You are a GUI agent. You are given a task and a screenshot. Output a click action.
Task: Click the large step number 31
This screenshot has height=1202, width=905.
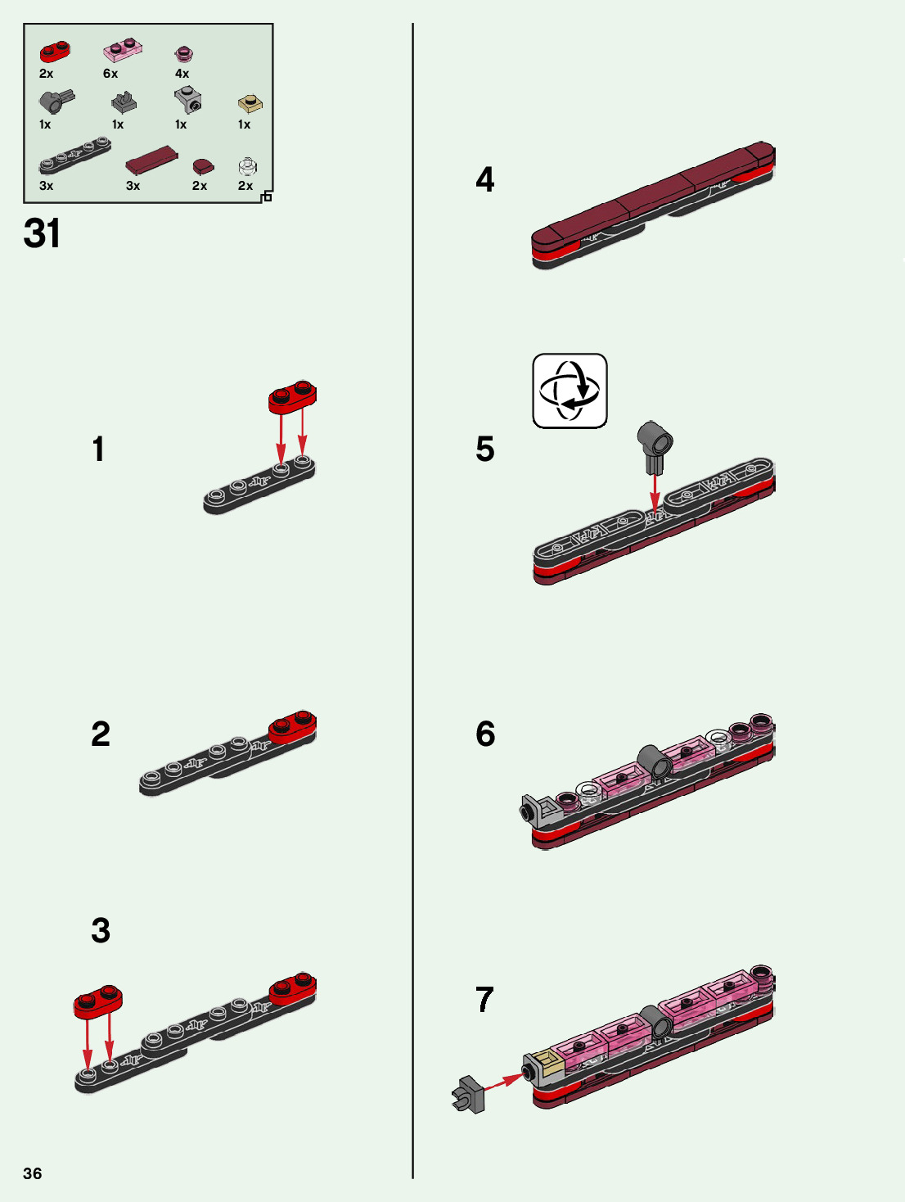coord(42,233)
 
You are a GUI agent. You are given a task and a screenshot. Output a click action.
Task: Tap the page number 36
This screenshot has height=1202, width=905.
coord(32,1173)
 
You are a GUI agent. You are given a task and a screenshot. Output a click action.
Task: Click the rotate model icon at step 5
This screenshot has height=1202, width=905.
coord(570,391)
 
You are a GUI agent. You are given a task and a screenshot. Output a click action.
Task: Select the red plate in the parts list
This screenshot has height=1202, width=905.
coord(55,52)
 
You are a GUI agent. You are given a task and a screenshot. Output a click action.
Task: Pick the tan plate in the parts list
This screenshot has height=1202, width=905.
coord(250,104)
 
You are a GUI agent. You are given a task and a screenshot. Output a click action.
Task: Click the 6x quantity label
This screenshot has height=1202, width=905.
coord(110,74)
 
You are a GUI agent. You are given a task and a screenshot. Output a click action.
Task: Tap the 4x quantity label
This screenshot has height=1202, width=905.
coord(182,74)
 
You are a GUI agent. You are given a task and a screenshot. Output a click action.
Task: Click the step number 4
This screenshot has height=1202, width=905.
coord(484,179)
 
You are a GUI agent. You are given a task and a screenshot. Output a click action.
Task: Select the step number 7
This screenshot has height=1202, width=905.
coord(484,999)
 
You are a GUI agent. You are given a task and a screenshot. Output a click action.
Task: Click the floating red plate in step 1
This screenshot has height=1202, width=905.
coord(292,397)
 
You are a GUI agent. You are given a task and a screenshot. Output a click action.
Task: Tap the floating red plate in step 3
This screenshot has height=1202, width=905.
coord(98,1001)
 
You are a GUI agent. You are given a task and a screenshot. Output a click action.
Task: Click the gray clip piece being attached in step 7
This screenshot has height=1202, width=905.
coord(468,1095)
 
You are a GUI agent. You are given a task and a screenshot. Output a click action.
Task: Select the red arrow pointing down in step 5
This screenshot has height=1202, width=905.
coord(654,491)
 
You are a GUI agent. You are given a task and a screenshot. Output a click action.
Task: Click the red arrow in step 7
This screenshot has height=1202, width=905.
coord(502,1081)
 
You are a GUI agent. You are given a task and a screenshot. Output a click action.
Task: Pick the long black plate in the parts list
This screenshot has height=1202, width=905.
coord(74,156)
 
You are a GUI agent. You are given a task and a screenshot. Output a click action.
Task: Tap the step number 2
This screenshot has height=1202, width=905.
coord(100,734)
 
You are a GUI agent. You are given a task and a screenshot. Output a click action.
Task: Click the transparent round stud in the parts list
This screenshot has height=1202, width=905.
coord(247,167)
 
